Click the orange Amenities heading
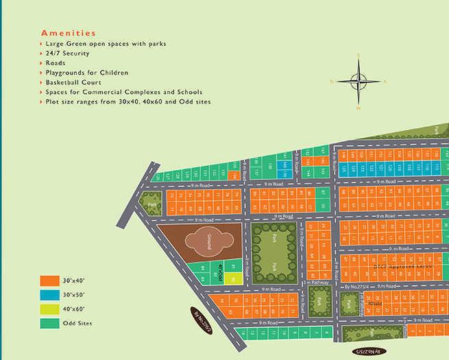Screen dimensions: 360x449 pos(69,33)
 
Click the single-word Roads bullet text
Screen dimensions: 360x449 pos(57,62)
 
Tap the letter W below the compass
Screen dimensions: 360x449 pos(358,108)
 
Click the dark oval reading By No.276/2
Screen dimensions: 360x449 pos(206,319)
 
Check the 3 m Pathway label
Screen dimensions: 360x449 pos(317,283)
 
